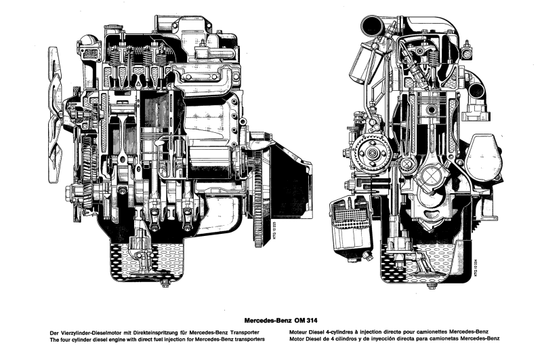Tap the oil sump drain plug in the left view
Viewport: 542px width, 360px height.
point(165,283)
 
